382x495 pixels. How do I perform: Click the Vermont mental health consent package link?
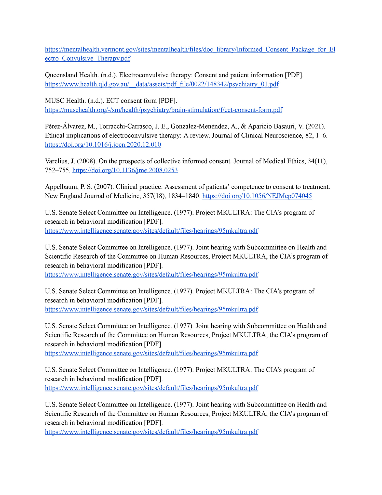pos(190,49)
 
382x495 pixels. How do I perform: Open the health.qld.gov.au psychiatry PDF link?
pos(162,84)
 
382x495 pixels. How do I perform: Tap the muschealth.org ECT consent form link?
pos(163,110)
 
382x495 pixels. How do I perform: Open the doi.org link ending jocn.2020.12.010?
pos(103,145)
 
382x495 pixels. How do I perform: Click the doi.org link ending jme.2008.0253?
pos(125,170)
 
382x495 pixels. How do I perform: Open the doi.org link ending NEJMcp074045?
pos(257,196)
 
